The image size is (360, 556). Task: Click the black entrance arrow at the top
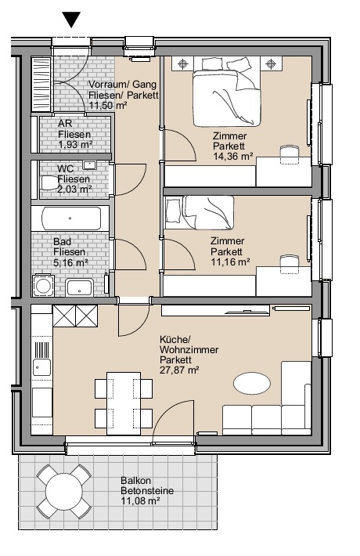tap(71, 19)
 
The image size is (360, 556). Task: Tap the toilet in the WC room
tap(49, 183)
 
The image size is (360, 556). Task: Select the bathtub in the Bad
tap(71, 218)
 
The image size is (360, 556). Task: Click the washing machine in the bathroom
tap(43, 286)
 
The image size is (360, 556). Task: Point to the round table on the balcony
tap(64, 491)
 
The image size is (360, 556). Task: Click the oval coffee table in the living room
tap(252, 383)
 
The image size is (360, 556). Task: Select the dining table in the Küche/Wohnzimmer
tap(124, 403)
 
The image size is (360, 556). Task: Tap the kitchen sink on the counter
tap(41, 367)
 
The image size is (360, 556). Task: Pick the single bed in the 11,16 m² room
tap(200, 212)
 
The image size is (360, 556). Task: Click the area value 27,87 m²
tap(179, 370)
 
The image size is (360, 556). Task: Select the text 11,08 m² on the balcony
tap(140, 501)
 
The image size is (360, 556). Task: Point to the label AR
tap(65, 124)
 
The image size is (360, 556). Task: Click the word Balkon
tap(135, 481)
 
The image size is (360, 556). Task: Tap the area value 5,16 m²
tap(70, 263)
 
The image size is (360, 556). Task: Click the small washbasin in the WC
tap(90, 165)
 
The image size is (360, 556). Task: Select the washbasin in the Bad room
tap(80, 287)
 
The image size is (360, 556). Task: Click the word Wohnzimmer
tap(189, 349)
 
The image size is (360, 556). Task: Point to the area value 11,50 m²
tap(108, 105)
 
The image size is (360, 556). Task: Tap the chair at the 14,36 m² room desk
tap(290, 154)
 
